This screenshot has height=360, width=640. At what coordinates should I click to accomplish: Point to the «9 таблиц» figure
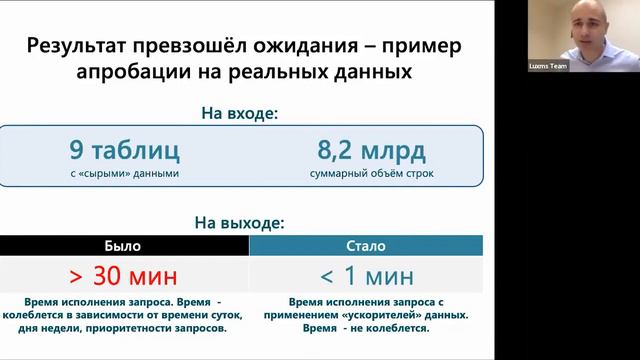point(124,151)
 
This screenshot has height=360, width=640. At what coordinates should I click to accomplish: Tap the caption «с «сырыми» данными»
point(124,174)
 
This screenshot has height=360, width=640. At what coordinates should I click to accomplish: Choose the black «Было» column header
point(123,245)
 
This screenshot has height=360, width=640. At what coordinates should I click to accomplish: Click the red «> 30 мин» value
point(123,275)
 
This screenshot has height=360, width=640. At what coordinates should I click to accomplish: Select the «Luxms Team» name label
point(549,67)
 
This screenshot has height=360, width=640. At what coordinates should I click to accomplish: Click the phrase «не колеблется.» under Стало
point(391,328)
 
